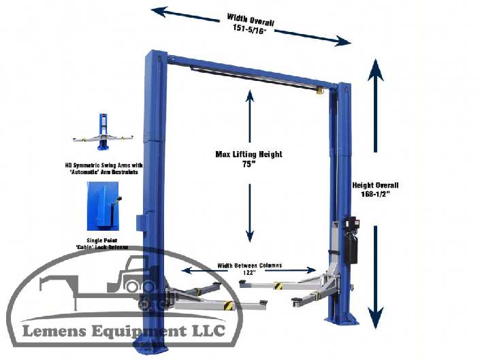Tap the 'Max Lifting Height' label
248,154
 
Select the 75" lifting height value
248,165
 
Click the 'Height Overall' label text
375,185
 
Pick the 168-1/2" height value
376,195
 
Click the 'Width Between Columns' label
249,265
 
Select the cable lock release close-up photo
103,205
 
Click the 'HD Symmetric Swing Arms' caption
103,168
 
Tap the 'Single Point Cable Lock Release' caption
103,243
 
